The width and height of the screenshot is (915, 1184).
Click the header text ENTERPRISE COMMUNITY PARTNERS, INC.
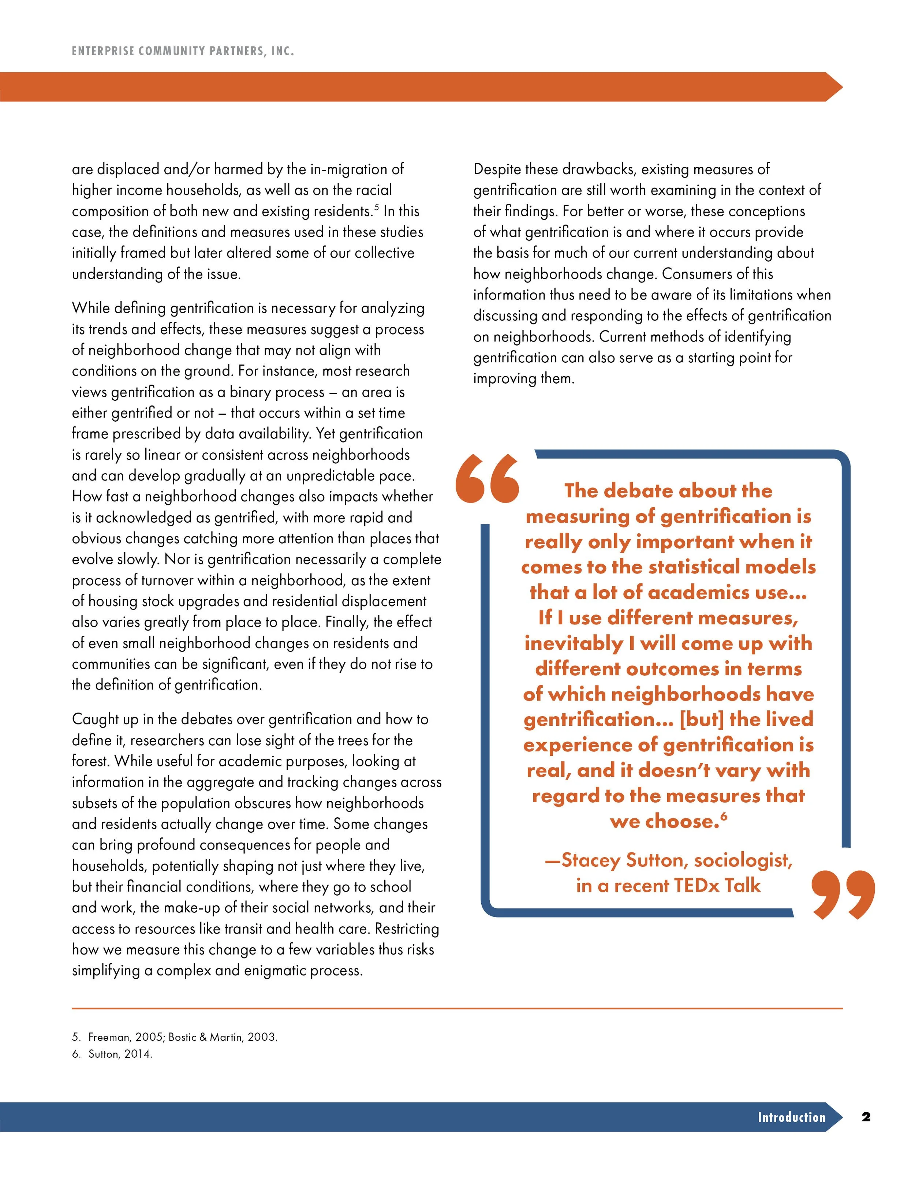(x=183, y=52)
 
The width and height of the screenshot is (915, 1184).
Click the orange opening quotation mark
(x=487, y=479)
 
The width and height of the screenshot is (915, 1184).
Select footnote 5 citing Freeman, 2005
(x=175, y=1037)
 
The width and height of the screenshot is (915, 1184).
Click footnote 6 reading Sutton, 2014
(x=112, y=1054)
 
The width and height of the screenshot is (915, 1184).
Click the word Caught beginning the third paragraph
(x=96, y=720)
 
